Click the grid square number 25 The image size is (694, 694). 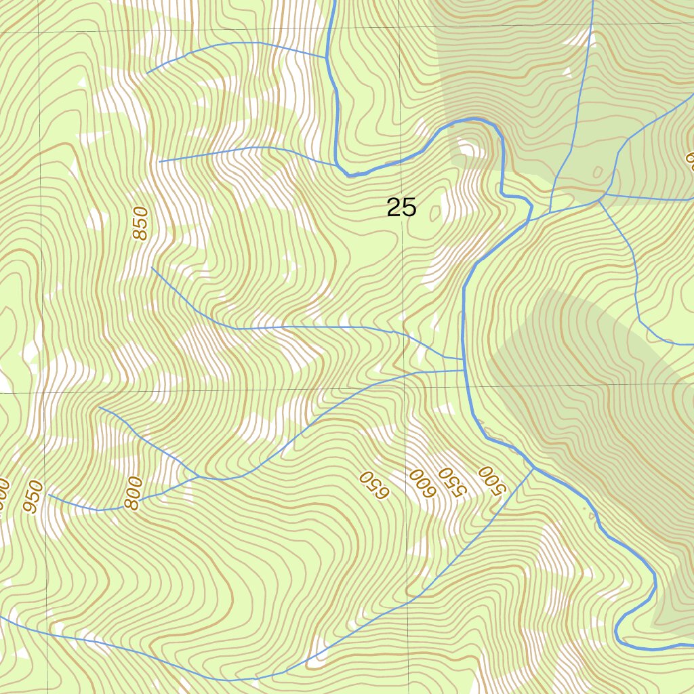click(x=401, y=208)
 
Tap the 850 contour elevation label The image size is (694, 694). click(x=140, y=224)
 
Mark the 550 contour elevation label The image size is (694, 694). click(x=449, y=482)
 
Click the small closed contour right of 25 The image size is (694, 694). click(x=434, y=213)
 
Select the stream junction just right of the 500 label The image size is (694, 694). click(x=534, y=467)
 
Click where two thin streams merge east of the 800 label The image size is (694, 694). click(x=201, y=476)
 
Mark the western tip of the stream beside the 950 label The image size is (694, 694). click(x=49, y=495)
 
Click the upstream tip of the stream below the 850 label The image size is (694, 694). click(x=152, y=268)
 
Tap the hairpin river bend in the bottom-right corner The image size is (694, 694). click(x=618, y=634)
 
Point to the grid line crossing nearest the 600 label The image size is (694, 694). click(x=407, y=389)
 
